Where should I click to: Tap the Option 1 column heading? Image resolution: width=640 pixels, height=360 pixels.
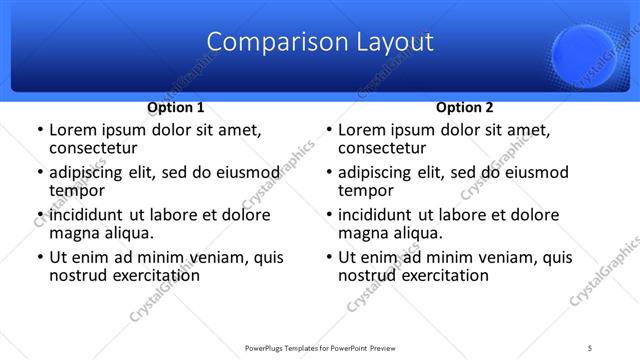[x=176, y=107]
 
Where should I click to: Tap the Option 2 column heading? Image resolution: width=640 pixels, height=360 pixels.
[x=465, y=107]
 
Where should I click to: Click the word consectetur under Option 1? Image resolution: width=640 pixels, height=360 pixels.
[x=93, y=149]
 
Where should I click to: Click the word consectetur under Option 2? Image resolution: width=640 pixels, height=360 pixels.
[x=382, y=149]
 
